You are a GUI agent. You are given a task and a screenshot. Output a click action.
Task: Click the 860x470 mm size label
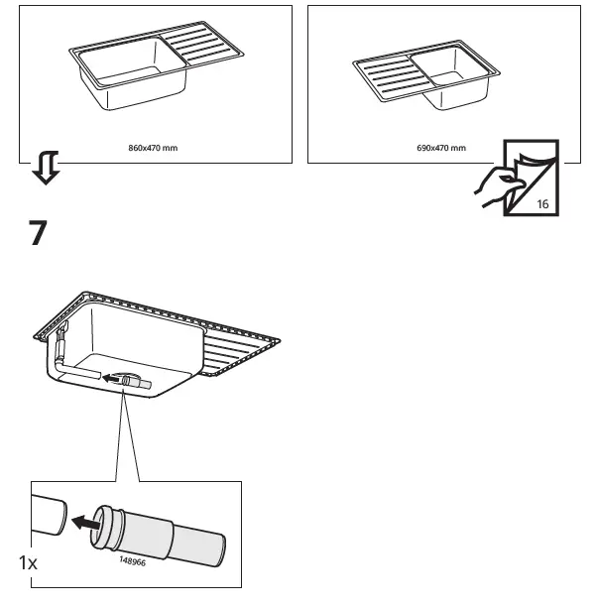click(154, 148)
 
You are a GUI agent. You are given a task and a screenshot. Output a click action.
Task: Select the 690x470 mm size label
click(441, 148)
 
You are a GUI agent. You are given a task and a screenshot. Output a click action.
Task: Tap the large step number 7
click(37, 234)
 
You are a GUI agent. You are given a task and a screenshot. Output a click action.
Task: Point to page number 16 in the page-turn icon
click(541, 203)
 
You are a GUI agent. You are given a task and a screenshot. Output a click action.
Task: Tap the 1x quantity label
click(28, 562)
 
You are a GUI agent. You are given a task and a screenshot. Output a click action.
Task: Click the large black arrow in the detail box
click(84, 519)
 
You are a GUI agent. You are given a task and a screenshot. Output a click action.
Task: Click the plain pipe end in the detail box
click(48, 512)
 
